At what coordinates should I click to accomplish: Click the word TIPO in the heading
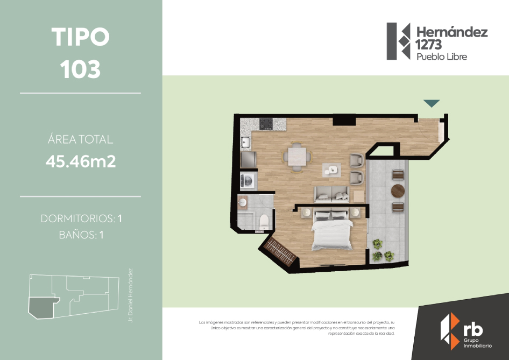(81, 37)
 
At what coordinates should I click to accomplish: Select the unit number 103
(81, 69)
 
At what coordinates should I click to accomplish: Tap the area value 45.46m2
(81, 161)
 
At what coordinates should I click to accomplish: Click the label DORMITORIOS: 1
(81, 219)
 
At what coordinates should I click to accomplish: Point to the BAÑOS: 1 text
(81, 235)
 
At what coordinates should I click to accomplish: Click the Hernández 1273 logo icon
(399, 41)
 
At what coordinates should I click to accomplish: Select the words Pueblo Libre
(442, 57)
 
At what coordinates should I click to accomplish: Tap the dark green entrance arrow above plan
(432, 103)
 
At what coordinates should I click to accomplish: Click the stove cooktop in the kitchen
(266, 124)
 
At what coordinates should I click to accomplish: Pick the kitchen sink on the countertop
(245, 143)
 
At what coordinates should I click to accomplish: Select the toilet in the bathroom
(264, 221)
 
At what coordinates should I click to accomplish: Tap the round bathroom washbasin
(243, 202)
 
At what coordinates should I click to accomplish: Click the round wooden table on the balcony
(398, 191)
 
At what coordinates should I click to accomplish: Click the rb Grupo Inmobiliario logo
(463, 330)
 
